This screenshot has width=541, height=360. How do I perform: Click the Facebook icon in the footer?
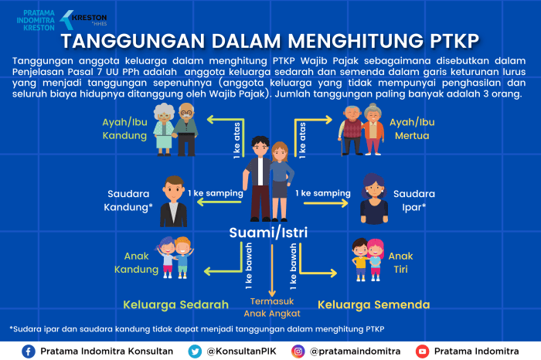click(29, 352)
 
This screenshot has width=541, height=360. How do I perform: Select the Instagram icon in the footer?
click(298, 352)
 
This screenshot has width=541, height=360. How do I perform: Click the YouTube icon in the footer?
click(422, 352)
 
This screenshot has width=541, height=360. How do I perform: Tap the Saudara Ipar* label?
click(413, 201)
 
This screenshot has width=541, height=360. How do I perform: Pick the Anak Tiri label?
click(400, 263)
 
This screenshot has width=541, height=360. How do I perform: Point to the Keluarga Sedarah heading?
click(175, 304)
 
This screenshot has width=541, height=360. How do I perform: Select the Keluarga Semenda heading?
click(373, 304)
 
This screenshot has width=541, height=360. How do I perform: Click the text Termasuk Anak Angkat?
click(271, 307)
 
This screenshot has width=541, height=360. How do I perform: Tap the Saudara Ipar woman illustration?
click(374, 199)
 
